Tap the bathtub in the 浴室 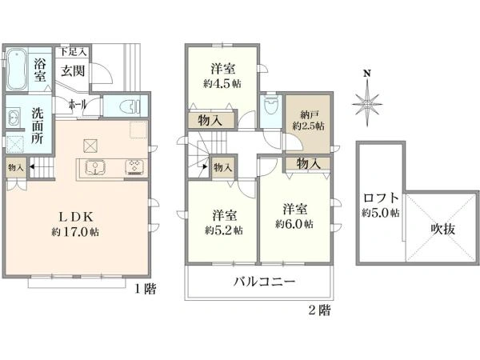pos(16,72)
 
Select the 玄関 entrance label pos(74,70)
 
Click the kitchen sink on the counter pos(96,169)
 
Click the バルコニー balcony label pos(265,282)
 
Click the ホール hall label pos(78,105)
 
